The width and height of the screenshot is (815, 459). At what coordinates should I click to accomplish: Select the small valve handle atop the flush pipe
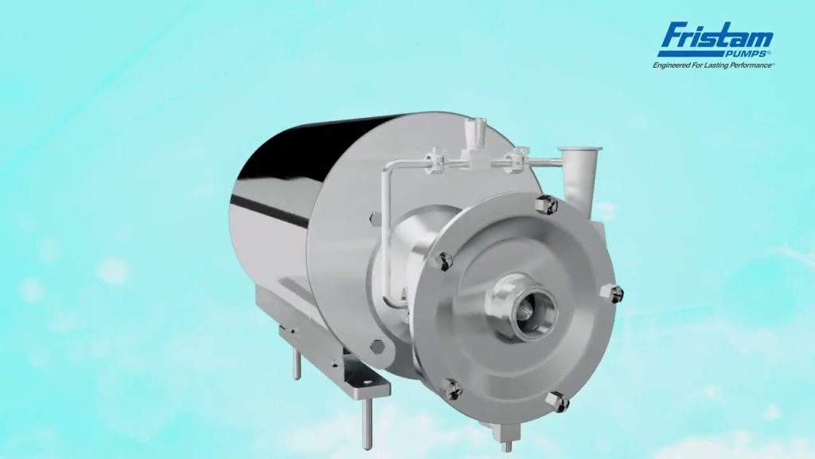click(x=480, y=130)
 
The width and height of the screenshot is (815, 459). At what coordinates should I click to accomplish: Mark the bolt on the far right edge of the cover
click(x=616, y=294)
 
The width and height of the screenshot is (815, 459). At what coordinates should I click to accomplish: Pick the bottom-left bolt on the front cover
click(x=451, y=387)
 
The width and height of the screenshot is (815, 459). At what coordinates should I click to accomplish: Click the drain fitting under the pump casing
click(x=502, y=434)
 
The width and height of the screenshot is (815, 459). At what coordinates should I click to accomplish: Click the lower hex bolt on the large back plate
click(x=377, y=348)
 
